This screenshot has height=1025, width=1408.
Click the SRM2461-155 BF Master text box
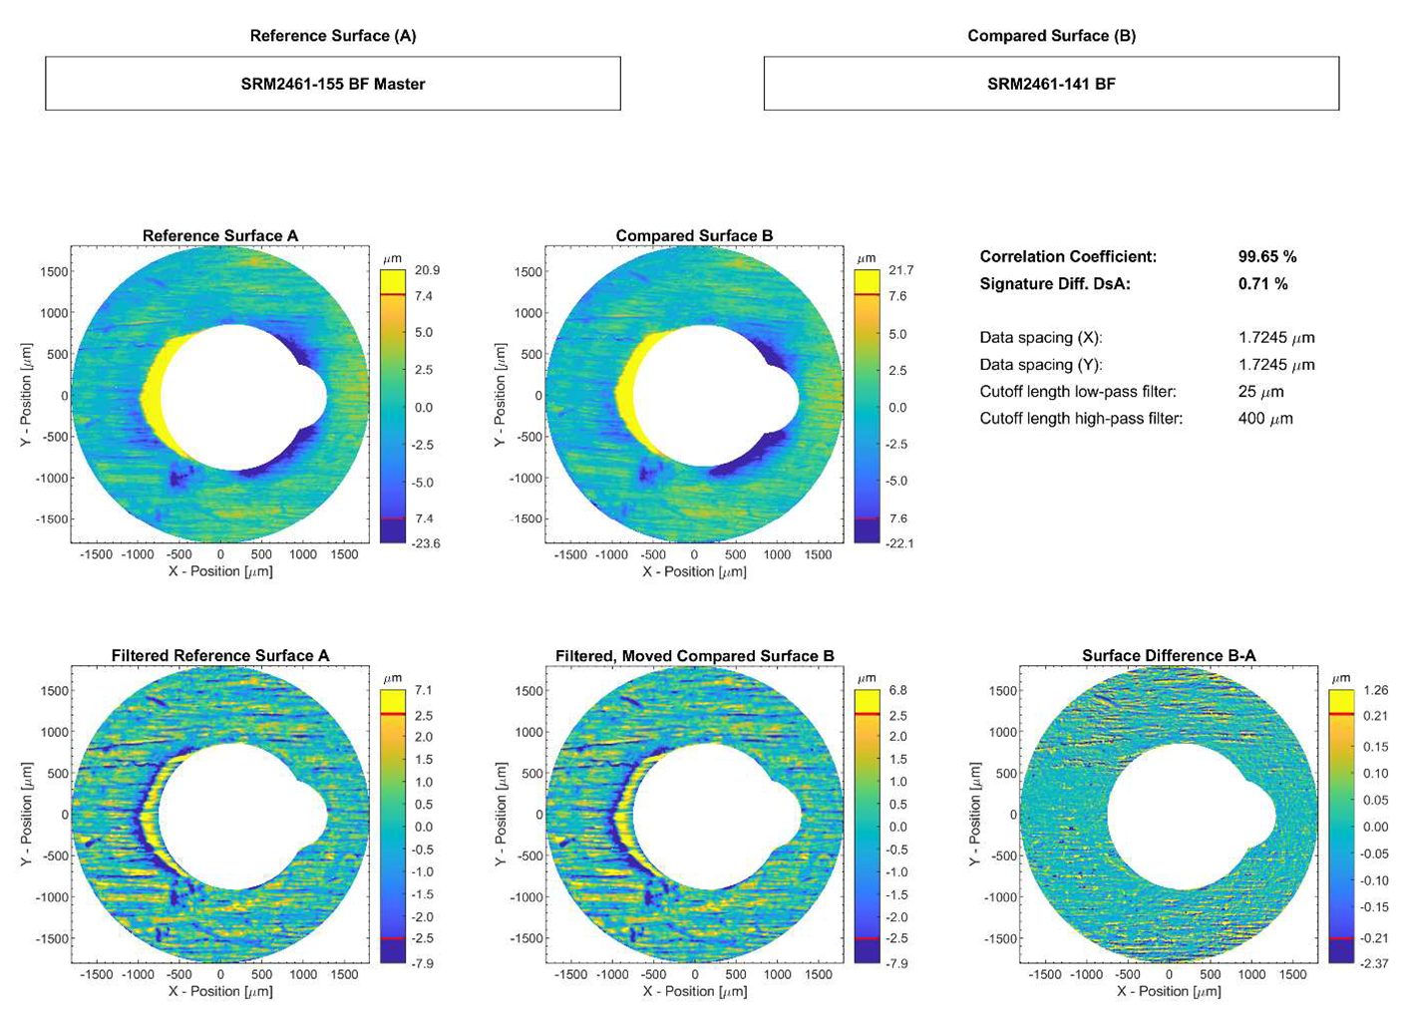click(x=332, y=84)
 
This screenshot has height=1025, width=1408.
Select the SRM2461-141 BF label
click(x=1051, y=84)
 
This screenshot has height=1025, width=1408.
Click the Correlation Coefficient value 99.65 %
click(x=1266, y=256)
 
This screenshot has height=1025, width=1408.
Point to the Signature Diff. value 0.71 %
click(x=1262, y=283)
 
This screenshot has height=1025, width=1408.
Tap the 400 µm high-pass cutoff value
click(x=1264, y=419)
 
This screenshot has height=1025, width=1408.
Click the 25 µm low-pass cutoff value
click(x=1260, y=392)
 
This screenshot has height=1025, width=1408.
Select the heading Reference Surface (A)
click(x=332, y=36)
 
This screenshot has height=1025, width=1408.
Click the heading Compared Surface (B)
click(x=1051, y=36)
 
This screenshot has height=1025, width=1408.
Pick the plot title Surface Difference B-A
click(x=1168, y=655)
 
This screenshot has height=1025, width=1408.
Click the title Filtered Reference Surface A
click(x=219, y=655)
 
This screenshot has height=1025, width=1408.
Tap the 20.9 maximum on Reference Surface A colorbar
click(x=427, y=270)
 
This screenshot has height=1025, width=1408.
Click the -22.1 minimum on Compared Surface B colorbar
click(x=900, y=543)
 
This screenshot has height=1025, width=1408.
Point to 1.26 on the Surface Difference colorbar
click(x=1375, y=690)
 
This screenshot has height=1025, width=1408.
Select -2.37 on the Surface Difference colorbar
click(x=1375, y=963)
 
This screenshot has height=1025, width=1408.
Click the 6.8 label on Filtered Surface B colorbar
click(x=897, y=690)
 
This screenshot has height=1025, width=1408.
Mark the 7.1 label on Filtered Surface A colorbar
click(x=423, y=690)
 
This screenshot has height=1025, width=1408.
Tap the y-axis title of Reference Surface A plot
click(x=27, y=395)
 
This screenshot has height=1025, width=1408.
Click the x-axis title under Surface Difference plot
click(x=1168, y=991)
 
